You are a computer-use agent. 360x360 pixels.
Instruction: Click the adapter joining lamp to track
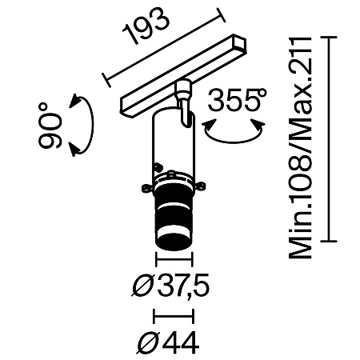[x=183, y=98]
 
